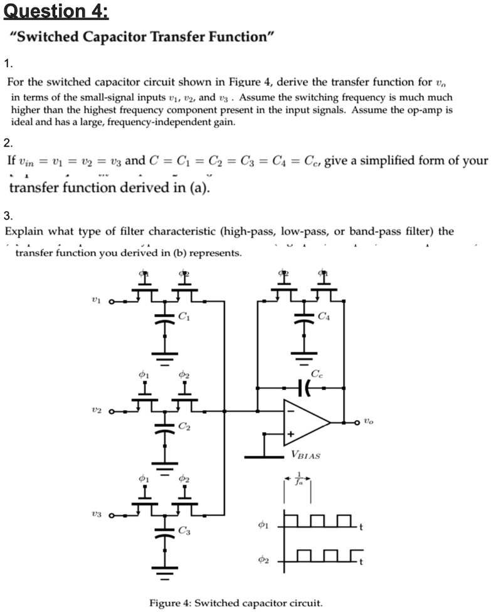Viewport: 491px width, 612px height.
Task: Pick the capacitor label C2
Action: click(x=184, y=426)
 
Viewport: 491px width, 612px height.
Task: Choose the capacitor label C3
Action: click(x=184, y=531)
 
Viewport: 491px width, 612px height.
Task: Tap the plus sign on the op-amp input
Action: click(x=290, y=434)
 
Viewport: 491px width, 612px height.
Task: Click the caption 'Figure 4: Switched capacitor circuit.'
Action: click(x=235, y=603)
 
